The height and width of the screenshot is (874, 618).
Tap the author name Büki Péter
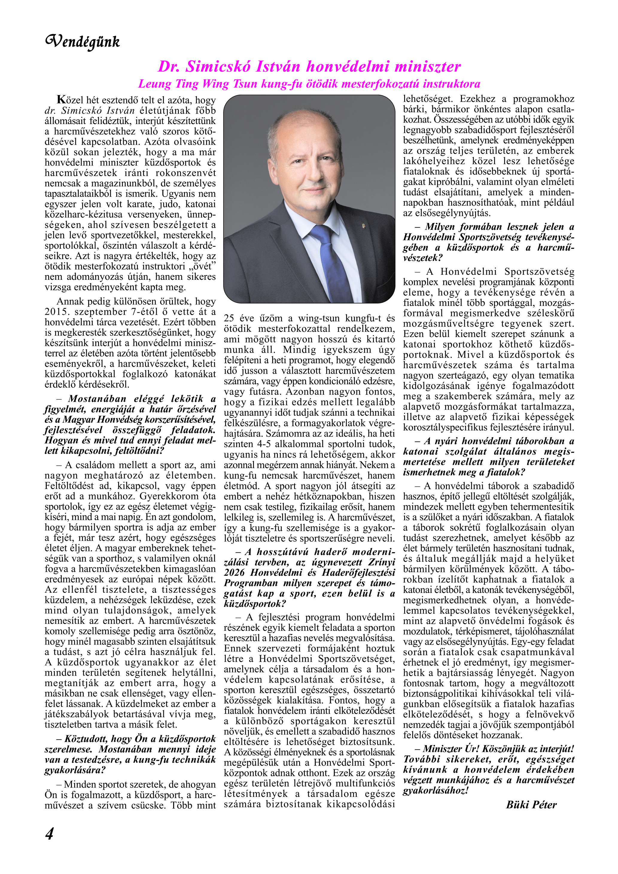[x=531, y=805]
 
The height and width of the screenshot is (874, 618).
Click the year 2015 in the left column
[x=56, y=312]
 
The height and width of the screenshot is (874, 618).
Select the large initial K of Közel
[x=61, y=100]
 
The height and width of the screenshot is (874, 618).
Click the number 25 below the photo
[x=229, y=318]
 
